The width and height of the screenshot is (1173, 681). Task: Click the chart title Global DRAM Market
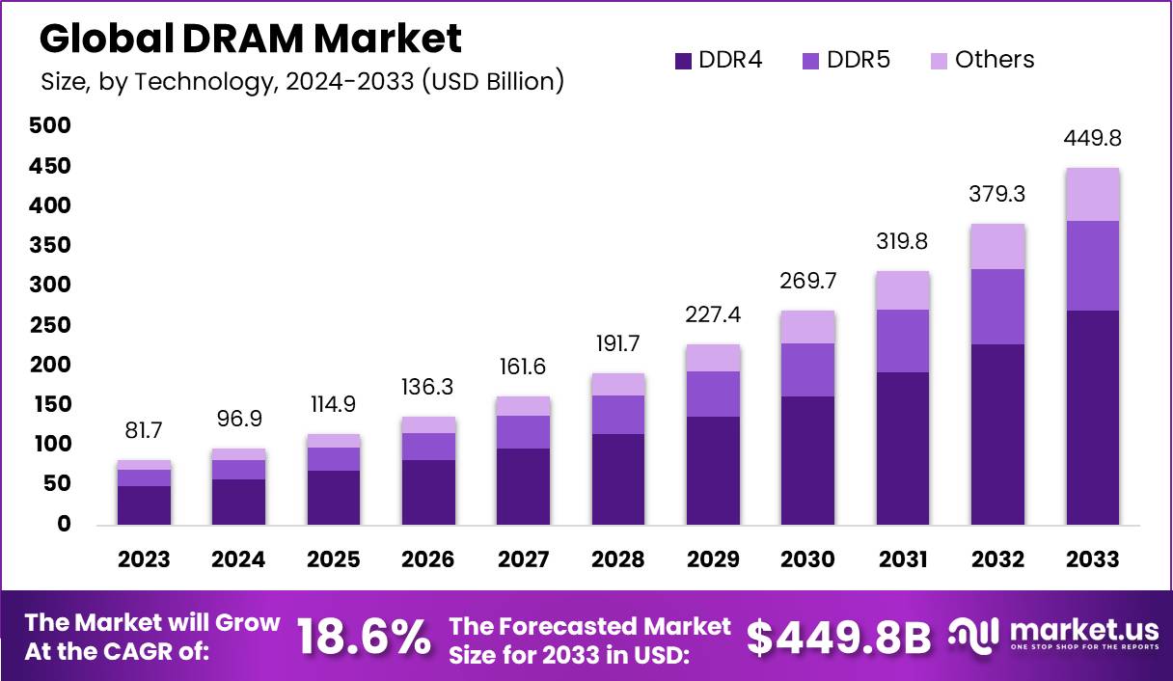[251, 39]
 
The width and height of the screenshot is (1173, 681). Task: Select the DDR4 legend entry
[719, 60]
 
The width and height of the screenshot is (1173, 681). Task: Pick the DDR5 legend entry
[846, 60]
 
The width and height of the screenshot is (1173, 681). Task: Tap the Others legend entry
[982, 60]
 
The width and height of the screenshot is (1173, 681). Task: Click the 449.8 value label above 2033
[1093, 139]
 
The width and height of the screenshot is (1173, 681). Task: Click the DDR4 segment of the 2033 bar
[1093, 417]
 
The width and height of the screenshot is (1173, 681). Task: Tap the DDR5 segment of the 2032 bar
[998, 306]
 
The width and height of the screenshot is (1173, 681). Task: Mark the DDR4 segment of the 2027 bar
[524, 486]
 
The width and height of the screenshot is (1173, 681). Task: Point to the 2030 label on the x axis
[808, 559]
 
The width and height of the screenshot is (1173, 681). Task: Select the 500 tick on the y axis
[49, 125]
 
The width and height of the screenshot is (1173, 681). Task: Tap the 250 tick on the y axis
[49, 325]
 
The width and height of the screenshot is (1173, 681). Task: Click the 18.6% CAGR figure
[364, 637]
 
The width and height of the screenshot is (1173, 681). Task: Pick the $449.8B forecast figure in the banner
[839, 637]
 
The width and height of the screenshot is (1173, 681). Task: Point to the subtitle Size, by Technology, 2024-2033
[302, 81]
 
